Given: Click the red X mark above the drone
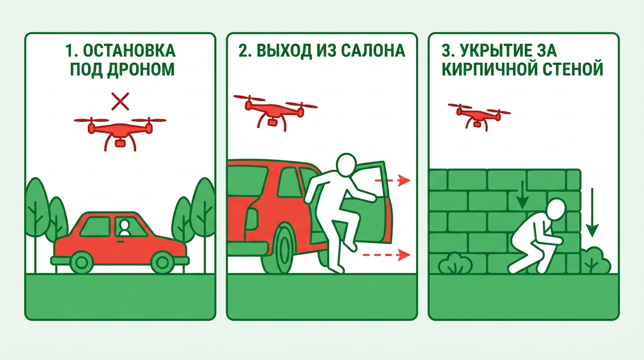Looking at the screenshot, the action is point(120,101).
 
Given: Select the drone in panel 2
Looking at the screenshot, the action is point(275,112).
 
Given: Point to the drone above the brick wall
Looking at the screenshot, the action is point(479,116).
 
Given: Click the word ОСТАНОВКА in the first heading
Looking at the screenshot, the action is point(129,51).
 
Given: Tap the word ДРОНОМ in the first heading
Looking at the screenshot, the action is point(141,70).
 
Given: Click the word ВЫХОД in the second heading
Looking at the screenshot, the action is point(284,51).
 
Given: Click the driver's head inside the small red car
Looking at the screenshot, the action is point(124,225).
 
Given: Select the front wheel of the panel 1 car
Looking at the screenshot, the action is point(162,262).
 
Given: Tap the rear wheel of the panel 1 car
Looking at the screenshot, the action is point(81,262).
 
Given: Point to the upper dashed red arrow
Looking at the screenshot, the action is point(393,180).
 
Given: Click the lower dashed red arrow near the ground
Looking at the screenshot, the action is point(387,255).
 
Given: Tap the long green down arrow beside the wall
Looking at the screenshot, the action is point(592,212).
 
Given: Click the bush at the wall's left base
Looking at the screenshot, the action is point(455,263).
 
